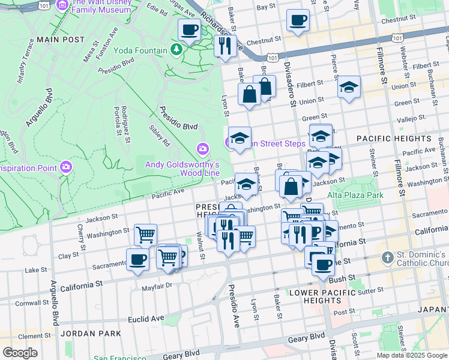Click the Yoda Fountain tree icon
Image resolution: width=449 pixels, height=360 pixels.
176,49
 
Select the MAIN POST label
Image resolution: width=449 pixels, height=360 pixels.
61,39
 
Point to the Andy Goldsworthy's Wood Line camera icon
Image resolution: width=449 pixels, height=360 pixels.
203,148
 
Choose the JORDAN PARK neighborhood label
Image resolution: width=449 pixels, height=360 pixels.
88,333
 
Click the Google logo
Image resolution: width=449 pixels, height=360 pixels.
20,352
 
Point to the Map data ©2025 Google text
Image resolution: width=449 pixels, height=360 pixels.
412,355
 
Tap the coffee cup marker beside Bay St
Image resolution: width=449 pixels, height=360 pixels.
298,22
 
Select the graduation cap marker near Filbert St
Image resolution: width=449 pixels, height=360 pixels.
349,87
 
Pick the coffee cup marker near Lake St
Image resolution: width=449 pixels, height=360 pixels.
137,260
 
